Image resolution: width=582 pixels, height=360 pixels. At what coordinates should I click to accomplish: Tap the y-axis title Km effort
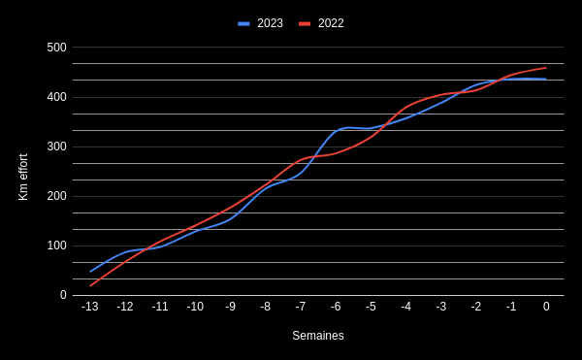pos(23,177)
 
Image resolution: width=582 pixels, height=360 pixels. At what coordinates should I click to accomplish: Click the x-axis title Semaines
pos(318,336)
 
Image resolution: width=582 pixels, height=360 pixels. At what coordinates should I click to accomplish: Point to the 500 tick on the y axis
pos(57,48)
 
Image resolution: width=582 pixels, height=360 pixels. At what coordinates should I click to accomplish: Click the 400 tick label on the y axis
pos(57,97)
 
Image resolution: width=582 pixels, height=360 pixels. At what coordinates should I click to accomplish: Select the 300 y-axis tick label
pos(57,147)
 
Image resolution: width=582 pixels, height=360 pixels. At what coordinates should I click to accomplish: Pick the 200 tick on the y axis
pos(57,196)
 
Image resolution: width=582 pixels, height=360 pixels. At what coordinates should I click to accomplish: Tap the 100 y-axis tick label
pos(57,245)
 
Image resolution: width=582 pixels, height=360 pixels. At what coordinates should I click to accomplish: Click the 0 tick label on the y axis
pos(63,295)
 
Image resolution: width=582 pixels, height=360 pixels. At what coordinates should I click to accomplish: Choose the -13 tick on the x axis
pos(90,307)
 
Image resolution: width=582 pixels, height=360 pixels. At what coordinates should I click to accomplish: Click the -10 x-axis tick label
pos(195,307)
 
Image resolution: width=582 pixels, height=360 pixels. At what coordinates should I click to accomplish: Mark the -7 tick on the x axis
pos(301,307)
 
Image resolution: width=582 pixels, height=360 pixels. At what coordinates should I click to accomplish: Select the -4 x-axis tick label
pos(405,307)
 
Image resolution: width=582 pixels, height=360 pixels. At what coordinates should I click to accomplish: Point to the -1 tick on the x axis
pos(511,307)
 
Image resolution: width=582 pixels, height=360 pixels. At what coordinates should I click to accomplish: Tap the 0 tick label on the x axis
pos(546,307)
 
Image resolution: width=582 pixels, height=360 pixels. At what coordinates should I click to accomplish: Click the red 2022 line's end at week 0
pos(546,68)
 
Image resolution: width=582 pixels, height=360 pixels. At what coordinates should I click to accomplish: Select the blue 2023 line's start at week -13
pos(90,271)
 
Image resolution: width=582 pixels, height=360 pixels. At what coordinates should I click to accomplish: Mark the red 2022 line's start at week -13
pos(90,285)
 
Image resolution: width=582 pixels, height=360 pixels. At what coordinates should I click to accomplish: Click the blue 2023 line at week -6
pos(336,131)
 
